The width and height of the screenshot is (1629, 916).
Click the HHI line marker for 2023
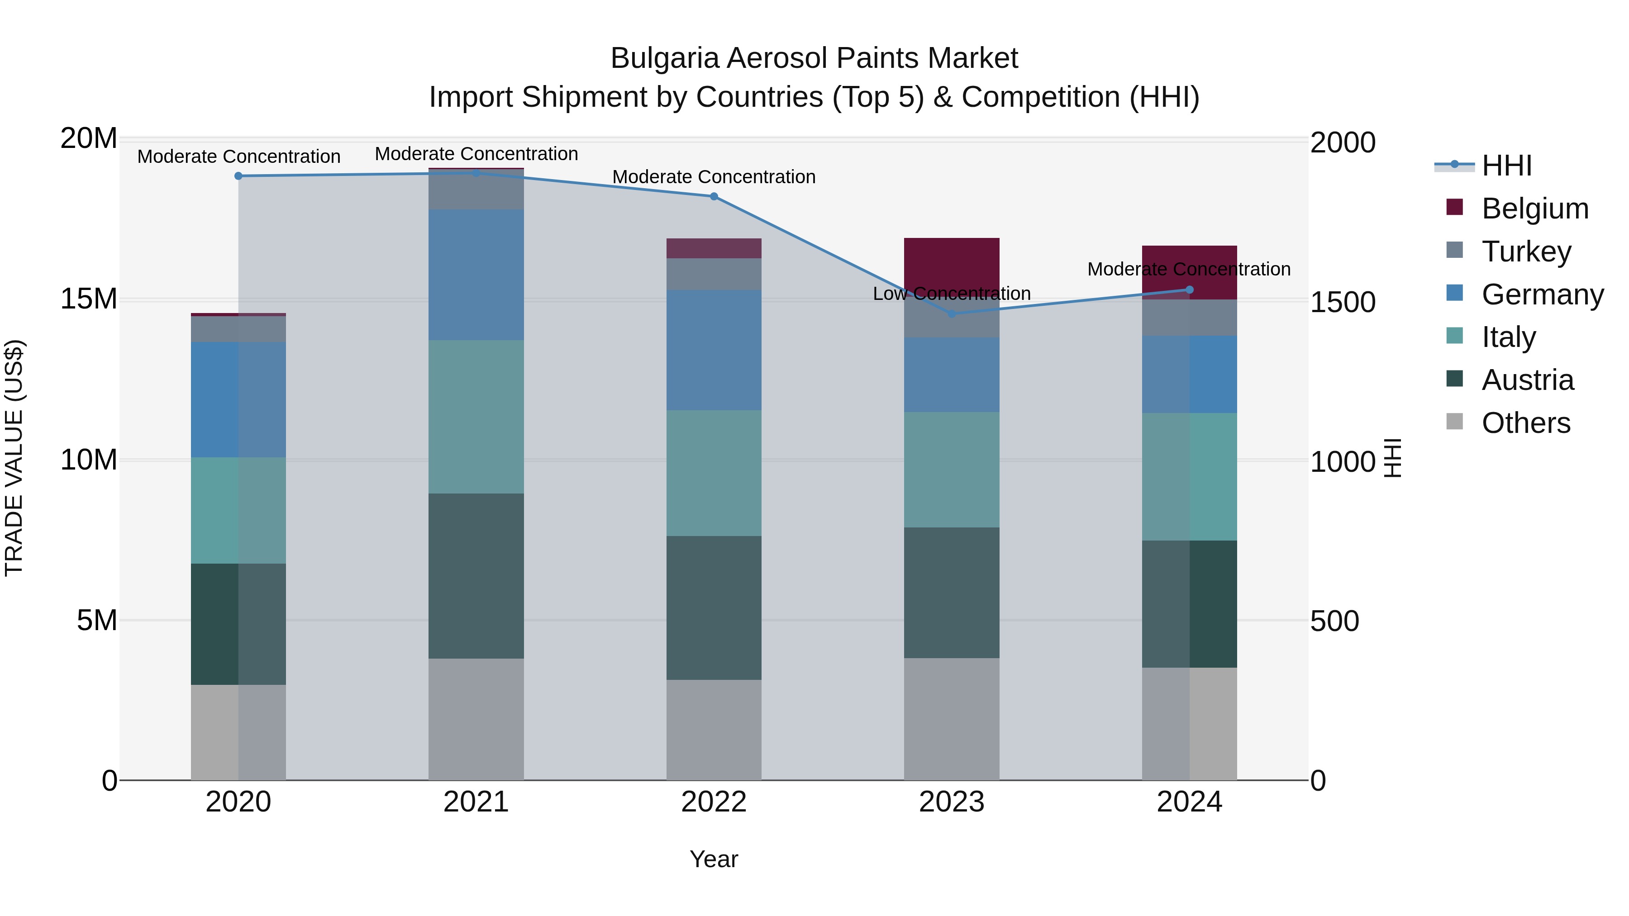[952, 313]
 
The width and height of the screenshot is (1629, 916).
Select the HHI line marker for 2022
[714, 197]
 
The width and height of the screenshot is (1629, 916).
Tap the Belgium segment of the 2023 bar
[952, 262]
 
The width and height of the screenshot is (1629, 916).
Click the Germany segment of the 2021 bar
[476, 275]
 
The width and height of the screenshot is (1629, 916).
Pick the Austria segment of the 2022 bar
[714, 608]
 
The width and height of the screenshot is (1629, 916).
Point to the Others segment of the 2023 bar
[952, 719]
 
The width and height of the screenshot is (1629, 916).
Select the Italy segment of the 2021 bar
[476, 417]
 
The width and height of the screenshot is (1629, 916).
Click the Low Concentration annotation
[952, 294]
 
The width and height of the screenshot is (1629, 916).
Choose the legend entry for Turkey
[1526, 252]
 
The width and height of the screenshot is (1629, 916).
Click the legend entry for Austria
[1527, 380]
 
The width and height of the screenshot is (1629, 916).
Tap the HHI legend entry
[1506, 166]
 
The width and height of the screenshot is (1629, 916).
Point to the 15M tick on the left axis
[89, 299]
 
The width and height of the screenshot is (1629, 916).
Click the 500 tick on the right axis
[1334, 622]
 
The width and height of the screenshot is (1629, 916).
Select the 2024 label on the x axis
[1189, 802]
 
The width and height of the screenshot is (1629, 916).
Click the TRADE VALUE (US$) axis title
[14, 458]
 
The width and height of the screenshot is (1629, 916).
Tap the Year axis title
[714, 859]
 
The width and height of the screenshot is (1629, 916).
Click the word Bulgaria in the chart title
[665, 59]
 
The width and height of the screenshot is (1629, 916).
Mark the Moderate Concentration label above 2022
[714, 177]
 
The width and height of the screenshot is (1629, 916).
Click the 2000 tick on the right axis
[1343, 143]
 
